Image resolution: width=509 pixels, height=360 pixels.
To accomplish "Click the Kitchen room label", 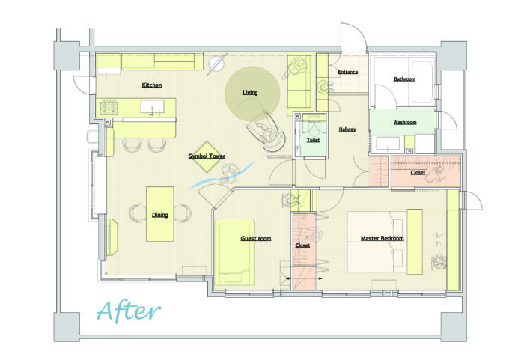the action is (152, 85).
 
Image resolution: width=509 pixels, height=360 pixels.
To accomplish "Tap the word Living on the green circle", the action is (250, 93).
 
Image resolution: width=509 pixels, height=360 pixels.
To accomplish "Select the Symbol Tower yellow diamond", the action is (207, 156).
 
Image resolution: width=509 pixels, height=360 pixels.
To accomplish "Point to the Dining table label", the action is (159, 215).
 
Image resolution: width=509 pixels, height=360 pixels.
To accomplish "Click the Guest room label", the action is (256, 238).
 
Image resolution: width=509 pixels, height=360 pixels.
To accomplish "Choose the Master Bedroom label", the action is (382, 238).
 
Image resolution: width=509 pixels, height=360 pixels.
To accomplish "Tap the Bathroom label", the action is (404, 79).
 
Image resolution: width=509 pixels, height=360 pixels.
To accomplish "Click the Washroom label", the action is (405, 123).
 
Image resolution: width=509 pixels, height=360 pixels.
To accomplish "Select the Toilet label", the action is (313, 140).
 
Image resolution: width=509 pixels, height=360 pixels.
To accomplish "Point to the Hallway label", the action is (347, 129).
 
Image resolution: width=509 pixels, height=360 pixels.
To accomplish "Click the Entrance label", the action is (347, 72).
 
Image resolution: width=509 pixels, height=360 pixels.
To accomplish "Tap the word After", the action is (129, 311).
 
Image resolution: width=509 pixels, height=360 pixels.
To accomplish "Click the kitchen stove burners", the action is (109, 108).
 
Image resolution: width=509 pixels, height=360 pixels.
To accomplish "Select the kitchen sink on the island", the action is (152, 106).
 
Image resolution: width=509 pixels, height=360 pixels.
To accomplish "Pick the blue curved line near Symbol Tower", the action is (222, 176).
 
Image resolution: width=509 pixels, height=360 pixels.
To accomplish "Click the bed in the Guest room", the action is (234, 252).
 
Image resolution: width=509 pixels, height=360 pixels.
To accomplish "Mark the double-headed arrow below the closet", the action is (304, 278).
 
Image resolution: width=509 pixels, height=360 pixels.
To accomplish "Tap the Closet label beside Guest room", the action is (302, 245).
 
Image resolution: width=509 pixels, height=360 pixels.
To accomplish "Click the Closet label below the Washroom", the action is (418, 173).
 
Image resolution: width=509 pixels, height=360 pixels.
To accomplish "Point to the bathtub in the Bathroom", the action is (422, 82).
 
